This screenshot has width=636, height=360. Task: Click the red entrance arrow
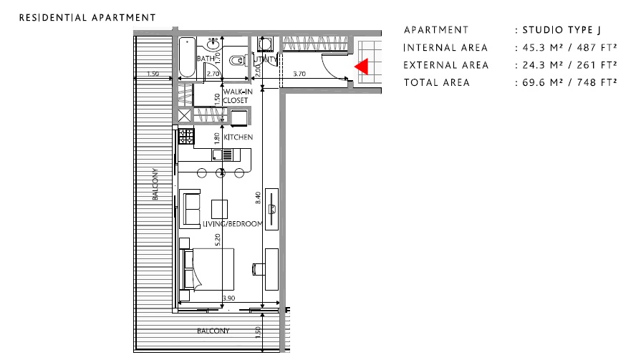(x=362, y=67)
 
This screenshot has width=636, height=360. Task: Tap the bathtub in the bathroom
(x=186, y=57)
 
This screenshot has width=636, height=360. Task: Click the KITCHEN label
(x=238, y=137)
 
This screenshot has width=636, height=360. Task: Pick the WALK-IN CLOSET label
(x=235, y=97)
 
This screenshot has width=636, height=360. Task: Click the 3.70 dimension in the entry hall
(x=300, y=74)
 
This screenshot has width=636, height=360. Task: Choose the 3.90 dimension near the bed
(x=228, y=298)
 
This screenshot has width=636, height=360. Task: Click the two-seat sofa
(x=191, y=207)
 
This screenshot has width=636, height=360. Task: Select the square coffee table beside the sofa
(x=219, y=208)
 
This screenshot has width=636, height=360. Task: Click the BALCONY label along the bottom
(x=213, y=331)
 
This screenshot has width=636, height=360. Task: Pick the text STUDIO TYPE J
(x=562, y=30)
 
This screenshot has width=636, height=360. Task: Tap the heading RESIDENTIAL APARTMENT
(x=87, y=16)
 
